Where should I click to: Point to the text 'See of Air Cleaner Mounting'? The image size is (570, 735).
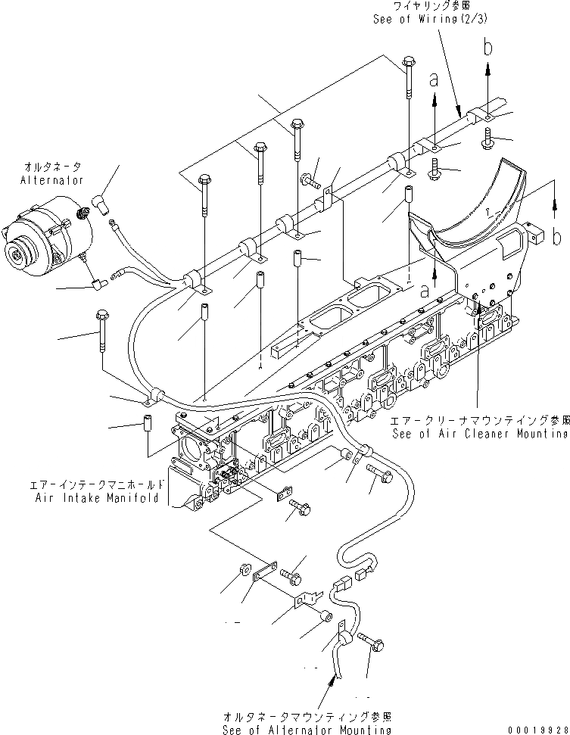tap(480, 434)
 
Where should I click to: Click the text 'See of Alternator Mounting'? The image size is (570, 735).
tap(307, 729)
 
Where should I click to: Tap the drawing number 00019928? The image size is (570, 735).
tap(534, 729)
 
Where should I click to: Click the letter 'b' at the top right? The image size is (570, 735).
tap(488, 48)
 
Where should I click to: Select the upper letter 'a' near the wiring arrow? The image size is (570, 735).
tap(435, 79)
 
